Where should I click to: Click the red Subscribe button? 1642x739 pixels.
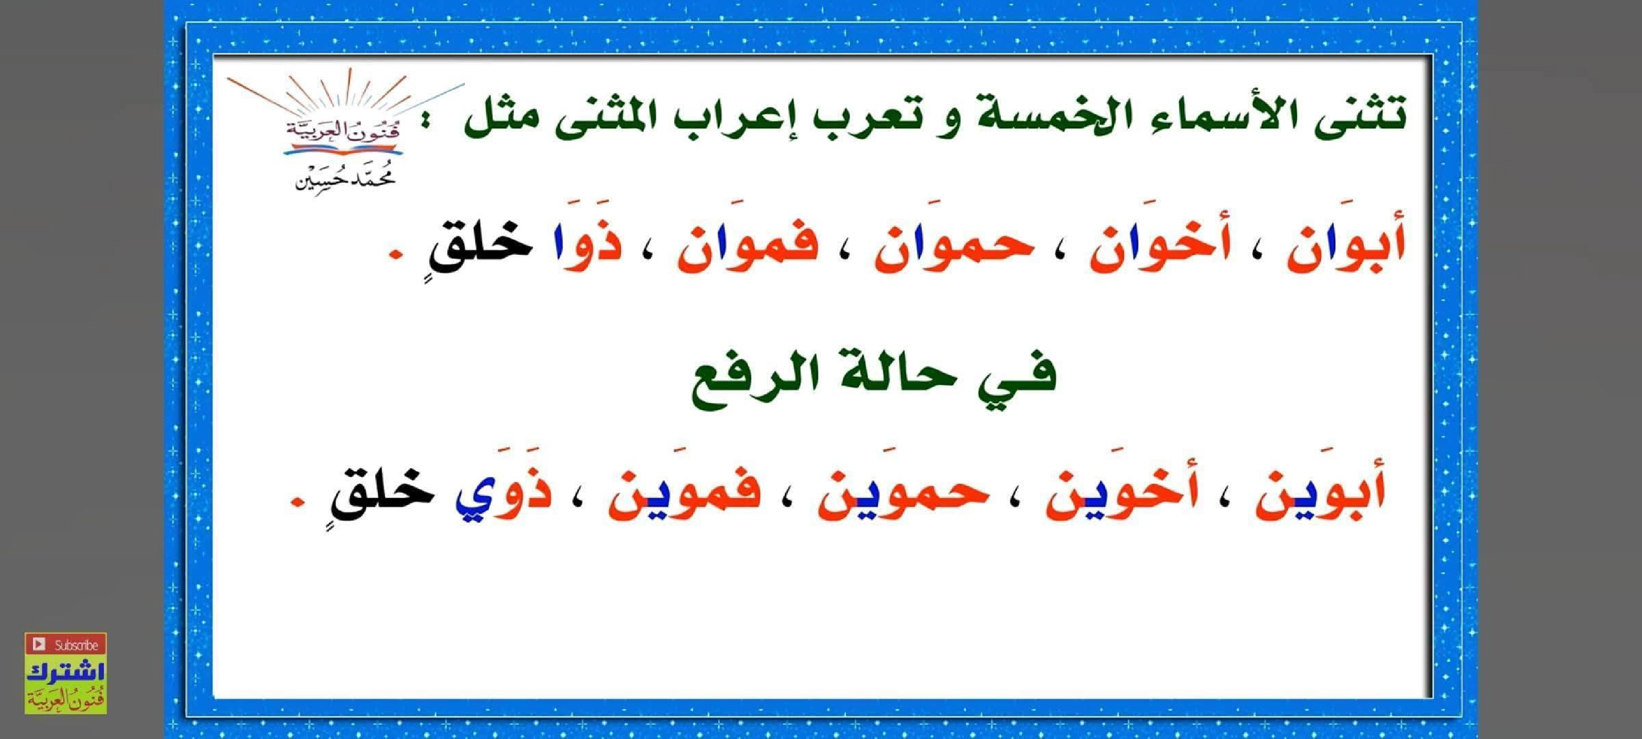tap(66, 644)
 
